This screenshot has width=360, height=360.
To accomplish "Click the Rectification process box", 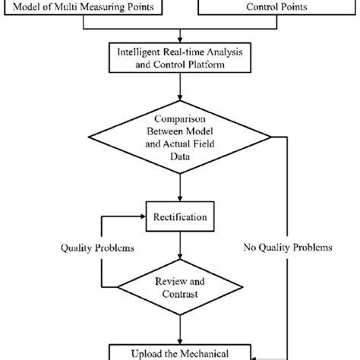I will [x=180, y=217].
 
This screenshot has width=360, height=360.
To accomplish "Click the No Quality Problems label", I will [x=286, y=248].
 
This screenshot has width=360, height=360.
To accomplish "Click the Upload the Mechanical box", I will [x=180, y=352].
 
